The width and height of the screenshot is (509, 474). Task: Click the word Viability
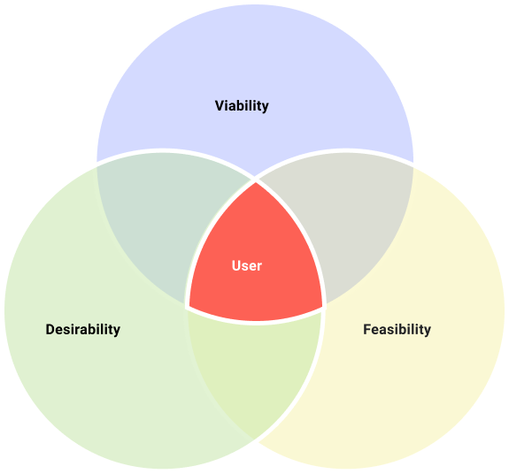click(x=242, y=106)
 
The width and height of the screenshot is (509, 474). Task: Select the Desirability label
click(x=83, y=329)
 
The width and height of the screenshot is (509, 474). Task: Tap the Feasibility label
click(x=397, y=329)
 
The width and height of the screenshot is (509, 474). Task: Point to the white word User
click(x=247, y=266)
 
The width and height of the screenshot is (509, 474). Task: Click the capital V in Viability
click(x=220, y=106)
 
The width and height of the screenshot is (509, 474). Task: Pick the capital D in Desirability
click(x=50, y=329)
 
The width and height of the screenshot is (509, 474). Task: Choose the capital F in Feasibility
click(x=367, y=329)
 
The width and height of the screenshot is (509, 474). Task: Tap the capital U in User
click(x=236, y=266)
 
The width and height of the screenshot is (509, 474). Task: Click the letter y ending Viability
click(x=266, y=108)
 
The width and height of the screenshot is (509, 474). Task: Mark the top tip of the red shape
click(x=256, y=182)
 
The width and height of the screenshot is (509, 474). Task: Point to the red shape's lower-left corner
click(x=189, y=306)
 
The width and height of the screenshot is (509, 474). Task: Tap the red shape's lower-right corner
click(x=322, y=306)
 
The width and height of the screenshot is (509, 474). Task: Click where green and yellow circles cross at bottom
click(x=256, y=440)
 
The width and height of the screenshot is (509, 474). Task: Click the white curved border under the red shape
click(x=256, y=323)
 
